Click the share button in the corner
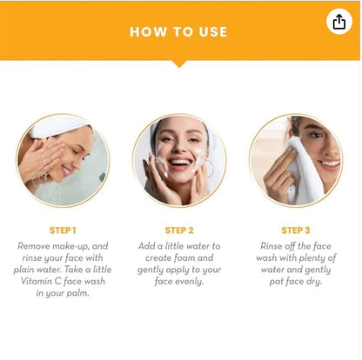pos(339,22)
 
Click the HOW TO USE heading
pos(178,32)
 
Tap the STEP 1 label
pos(63,230)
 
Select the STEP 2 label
pos(179,230)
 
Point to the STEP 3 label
pos(295,230)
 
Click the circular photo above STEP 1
pos(63,160)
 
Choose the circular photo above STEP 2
pos(179,160)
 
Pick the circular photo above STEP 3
pos(295,160)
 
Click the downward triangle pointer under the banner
pos(179,63)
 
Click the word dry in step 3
pos(319,283)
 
